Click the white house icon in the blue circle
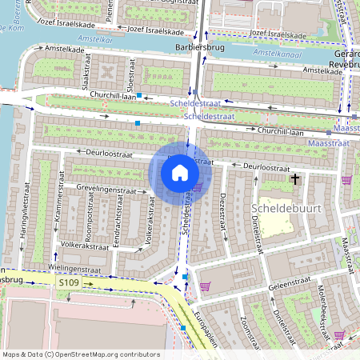(x=180, y=173)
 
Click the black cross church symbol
(x=295, y=180)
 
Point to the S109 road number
(x=69, y=282)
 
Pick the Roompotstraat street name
(x=90, y=227)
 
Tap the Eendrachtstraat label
(x=116, y=232)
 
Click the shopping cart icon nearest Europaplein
(x=205, y=286)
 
